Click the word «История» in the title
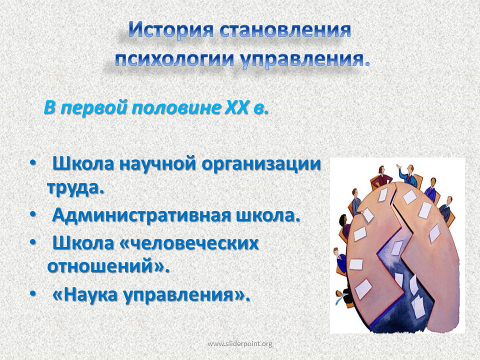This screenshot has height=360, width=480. click(x=171, y=29)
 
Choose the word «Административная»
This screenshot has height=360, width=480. click(x=141, y=215)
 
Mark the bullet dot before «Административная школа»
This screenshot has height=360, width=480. click(x=33, y=215)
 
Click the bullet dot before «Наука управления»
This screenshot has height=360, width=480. click(x=33, y=294)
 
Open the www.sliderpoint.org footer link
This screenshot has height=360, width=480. click(x=239, y=344)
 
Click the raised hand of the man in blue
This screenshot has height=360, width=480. click(x=398, y=166)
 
